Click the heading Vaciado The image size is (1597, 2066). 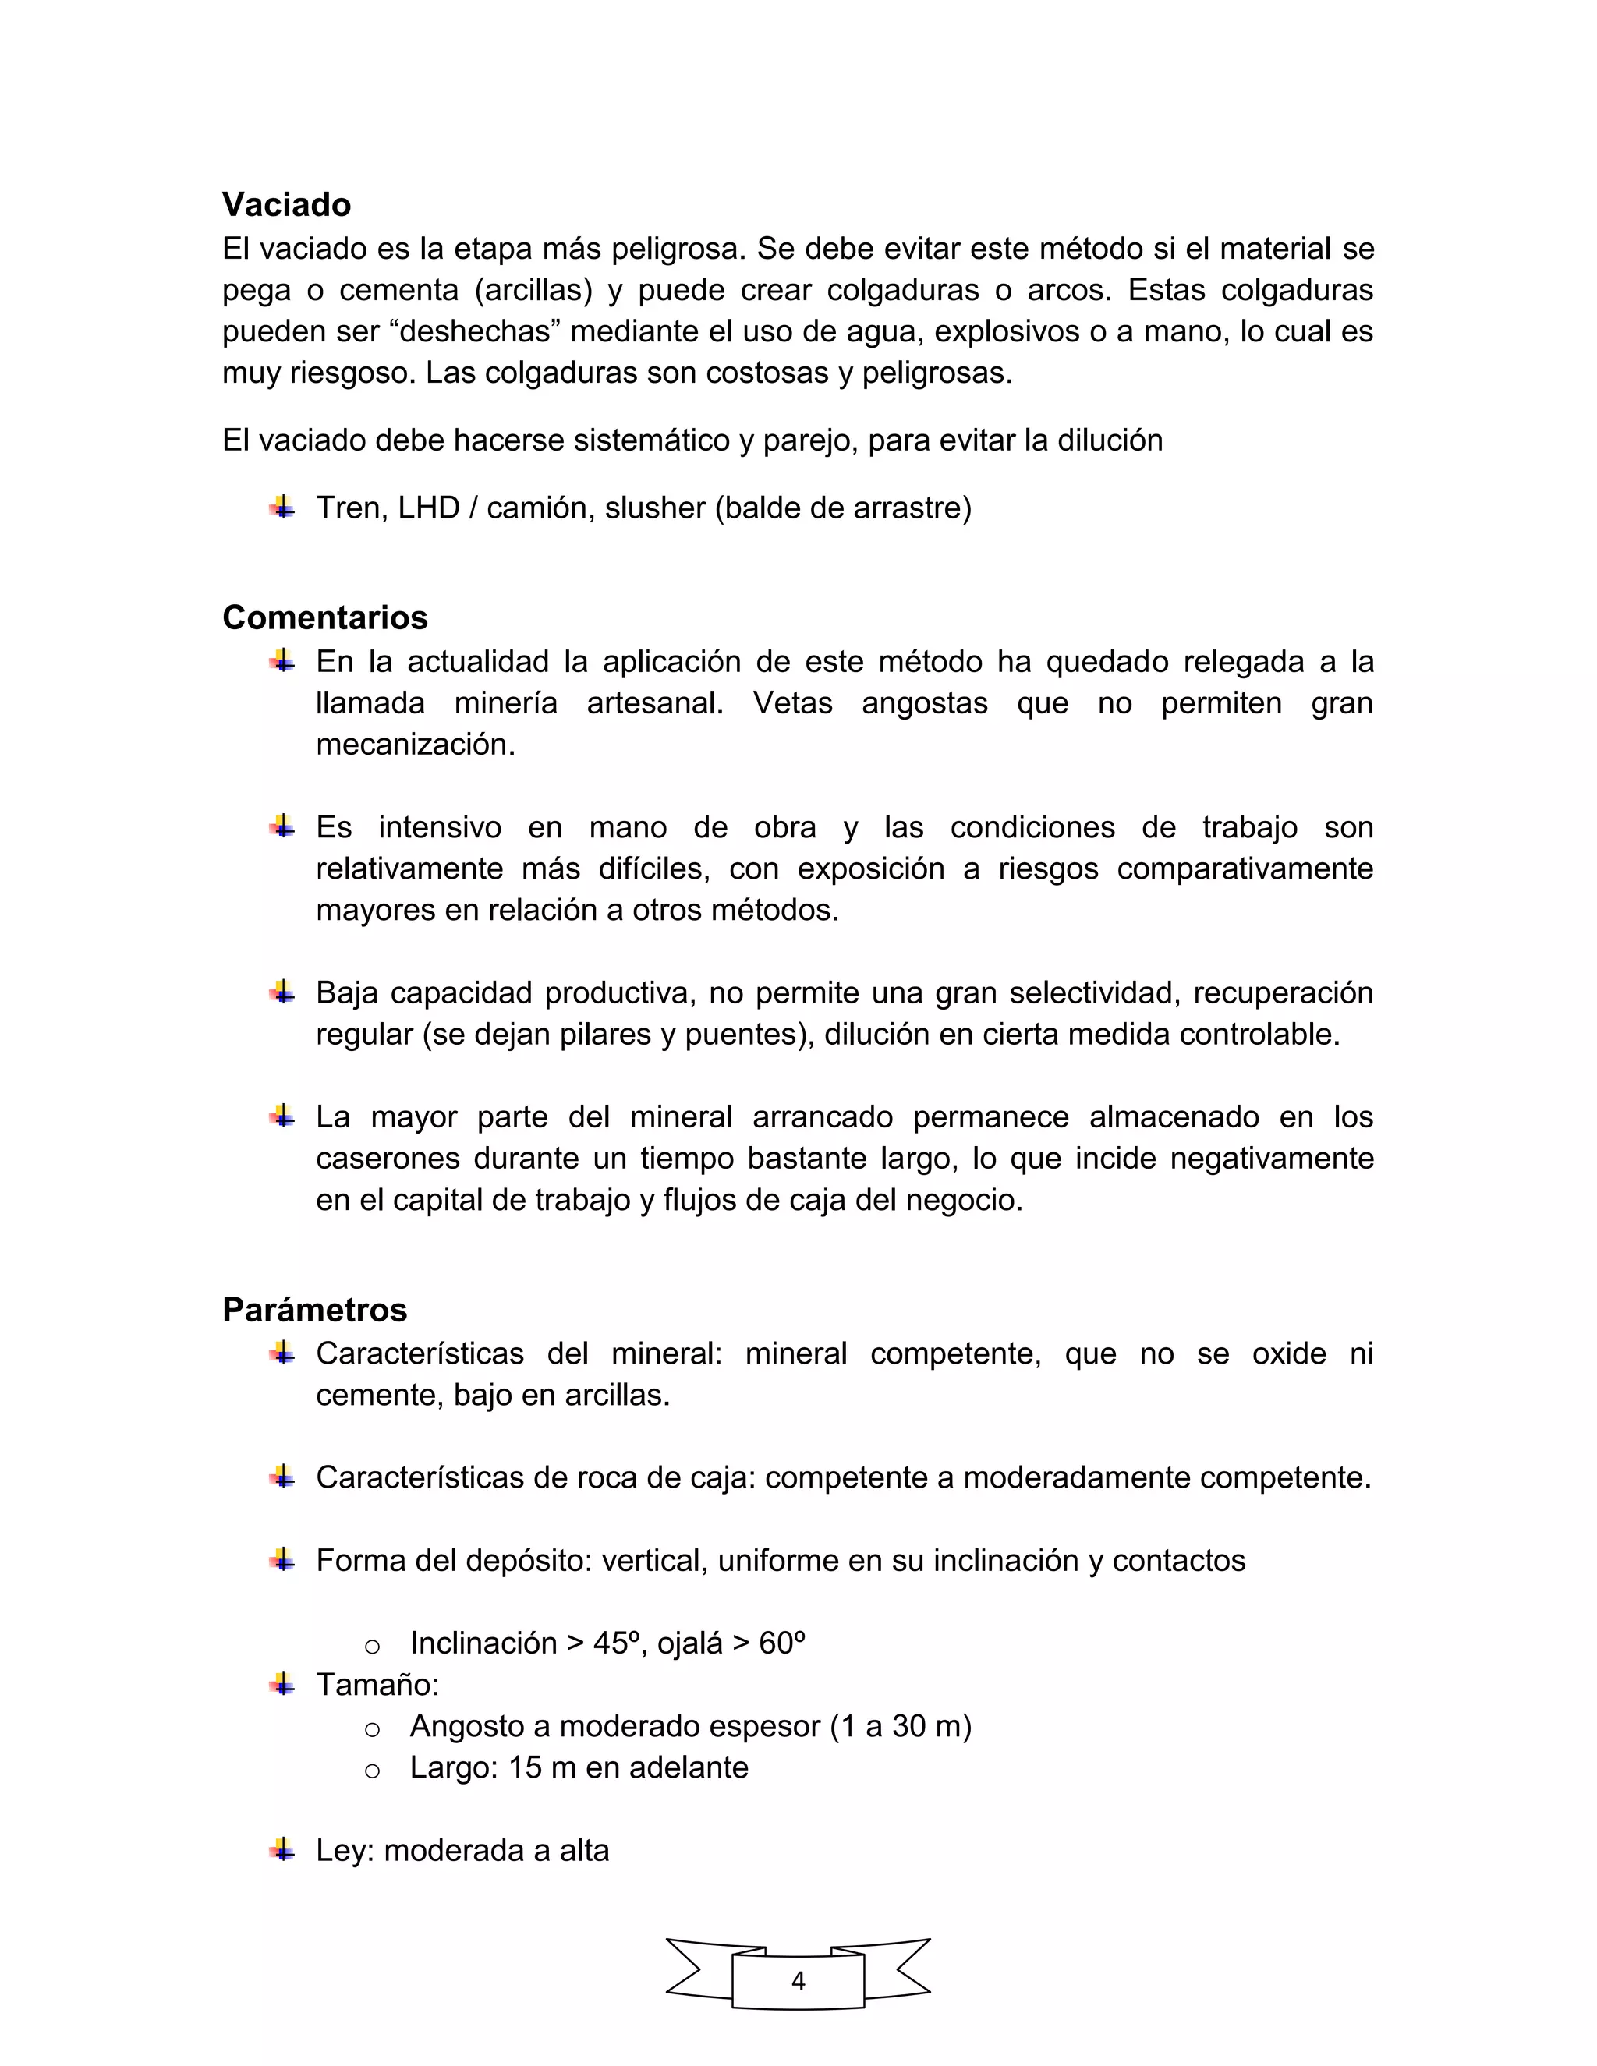pos(287,204)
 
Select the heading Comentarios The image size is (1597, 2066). pos(324,617)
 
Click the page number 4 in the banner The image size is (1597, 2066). pos(798,1980)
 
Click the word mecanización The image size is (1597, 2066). pos(416,745)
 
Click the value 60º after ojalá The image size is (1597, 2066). pos(781,1643)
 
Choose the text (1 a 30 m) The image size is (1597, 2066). pos(900,1726)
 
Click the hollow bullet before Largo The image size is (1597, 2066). pos(372,1769)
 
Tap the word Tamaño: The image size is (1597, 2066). pos(377,1685)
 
